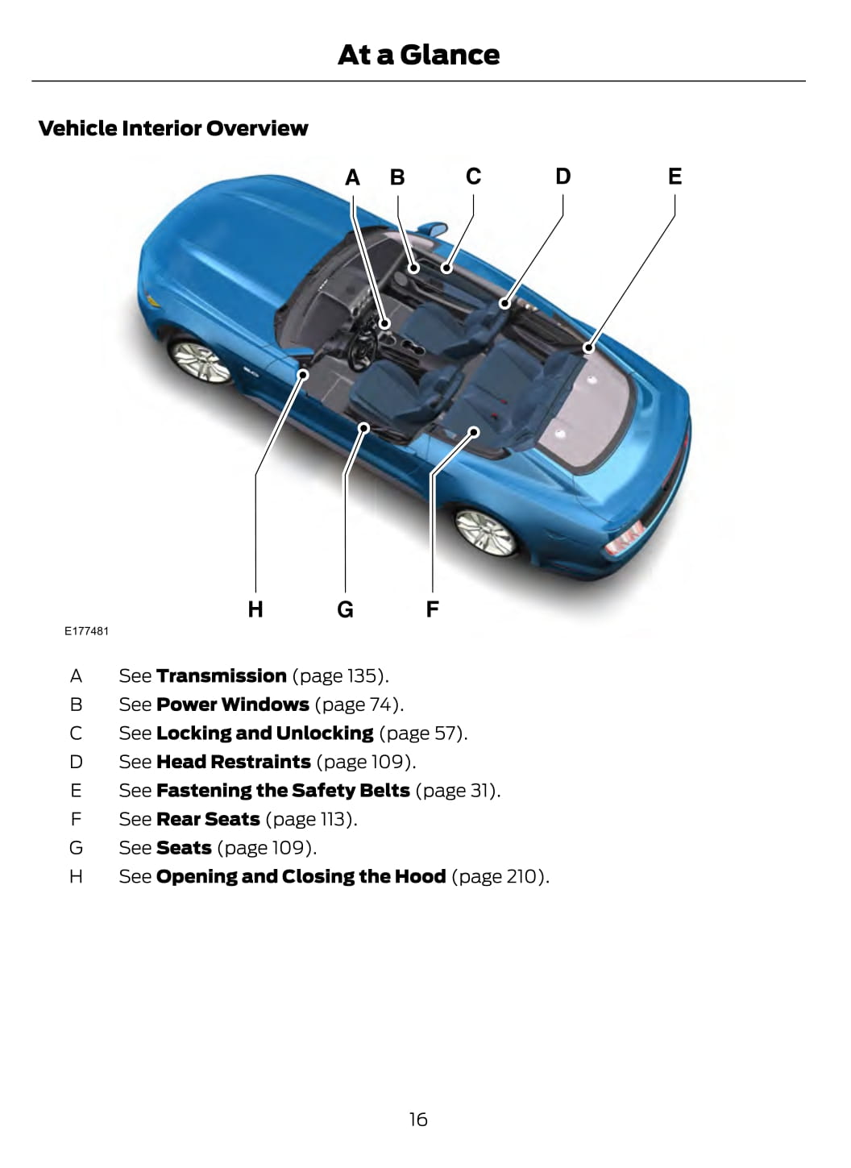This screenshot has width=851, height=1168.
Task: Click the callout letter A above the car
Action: (352, 177)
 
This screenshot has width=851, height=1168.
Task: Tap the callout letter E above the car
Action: (675, 177)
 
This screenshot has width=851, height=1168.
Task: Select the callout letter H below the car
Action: (255, 609)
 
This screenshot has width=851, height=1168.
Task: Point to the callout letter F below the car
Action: (432, 609)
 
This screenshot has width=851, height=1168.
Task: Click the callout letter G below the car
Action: (345, 609)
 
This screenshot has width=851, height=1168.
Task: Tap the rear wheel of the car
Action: (486, 531)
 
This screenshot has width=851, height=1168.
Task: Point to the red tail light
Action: (624, 538)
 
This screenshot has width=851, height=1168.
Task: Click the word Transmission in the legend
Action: (222, 675)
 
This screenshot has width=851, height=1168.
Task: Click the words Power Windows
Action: (233, 705)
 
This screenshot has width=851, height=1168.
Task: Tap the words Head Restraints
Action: (234, 762)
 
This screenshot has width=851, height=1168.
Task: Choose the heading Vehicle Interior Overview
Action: (173, 128)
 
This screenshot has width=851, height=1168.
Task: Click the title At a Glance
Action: (418, 55)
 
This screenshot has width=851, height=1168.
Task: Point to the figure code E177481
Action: (86, 631)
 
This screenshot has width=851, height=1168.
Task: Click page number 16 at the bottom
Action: (418, 1119)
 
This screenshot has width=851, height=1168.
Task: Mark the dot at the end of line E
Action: (588, 348)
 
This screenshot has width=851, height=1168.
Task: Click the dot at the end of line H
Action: (303, 374)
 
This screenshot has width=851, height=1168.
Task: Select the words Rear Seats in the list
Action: (208, 819)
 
